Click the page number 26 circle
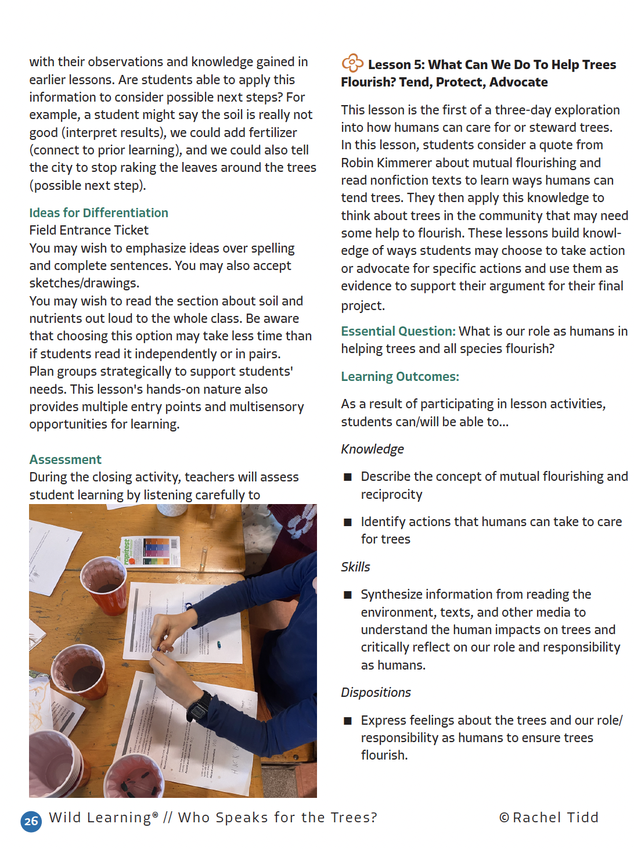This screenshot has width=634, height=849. pos(31,821)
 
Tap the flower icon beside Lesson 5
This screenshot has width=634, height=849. pos(352,63)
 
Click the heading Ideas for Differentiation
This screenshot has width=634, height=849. pos(99,213)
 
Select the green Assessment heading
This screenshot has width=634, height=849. pos(66,460)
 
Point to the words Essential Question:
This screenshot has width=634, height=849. pos(398,332)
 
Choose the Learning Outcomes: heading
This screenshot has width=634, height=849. pos(400,377)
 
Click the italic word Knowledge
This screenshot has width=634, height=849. pos(372,449)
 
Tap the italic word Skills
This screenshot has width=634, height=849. pos(355,567)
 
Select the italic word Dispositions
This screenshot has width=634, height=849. pos(376,693)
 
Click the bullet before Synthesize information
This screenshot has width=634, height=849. pos(348,595)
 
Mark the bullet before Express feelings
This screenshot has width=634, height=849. pos(348,721)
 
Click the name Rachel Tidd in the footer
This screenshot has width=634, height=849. pos(555,818)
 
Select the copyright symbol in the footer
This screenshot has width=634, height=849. pos(504,818)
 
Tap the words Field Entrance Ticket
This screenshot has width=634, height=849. pos(89,231)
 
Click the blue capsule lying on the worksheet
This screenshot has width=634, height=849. pos(219,644)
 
